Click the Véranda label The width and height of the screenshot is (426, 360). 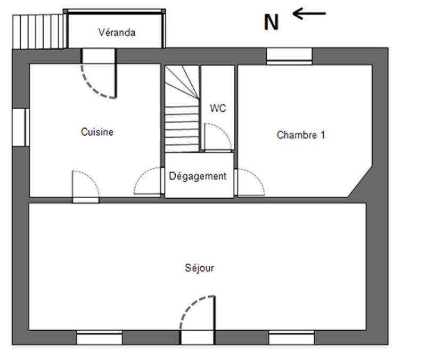[x=117, y=32]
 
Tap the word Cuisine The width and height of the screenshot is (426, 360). [x=97, y=132]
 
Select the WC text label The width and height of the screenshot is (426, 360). [x=218, y=108]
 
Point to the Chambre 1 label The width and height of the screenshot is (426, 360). [x=300, y=135]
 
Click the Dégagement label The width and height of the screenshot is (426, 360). [x=198, y=176]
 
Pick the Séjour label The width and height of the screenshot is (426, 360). [x=199, y=268]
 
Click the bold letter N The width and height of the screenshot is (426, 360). [x=272, y=22]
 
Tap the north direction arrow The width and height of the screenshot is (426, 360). [x=309, y=13]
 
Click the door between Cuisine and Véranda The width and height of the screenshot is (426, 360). [x=99, y=75]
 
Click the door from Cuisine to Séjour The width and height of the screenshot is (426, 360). [x=86, y=186]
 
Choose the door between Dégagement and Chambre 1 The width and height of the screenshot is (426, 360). [x=249, y=183]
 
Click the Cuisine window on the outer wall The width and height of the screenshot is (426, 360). [x=20, y=127]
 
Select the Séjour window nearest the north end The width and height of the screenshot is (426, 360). [x=99, y=338]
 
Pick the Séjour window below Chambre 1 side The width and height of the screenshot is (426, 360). [x=291, y=338]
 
